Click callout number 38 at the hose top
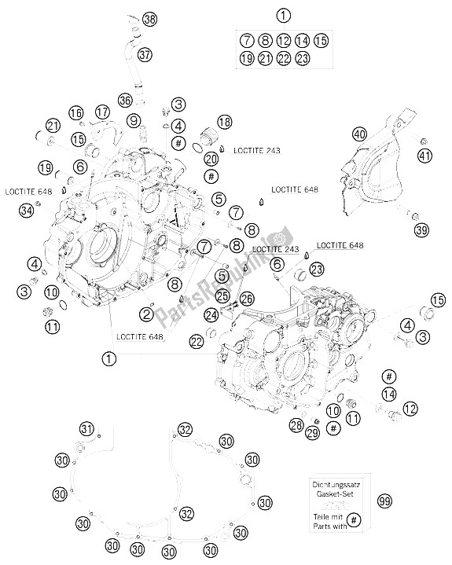pyautogui.click(x=149, y=19)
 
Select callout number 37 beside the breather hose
pyautogui.click(x=145, y=55)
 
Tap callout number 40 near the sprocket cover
pyautogui.click(x=359, y=134)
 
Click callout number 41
pyautogui.click(x=424, y=156)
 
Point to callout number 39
pyautogui.click(x=421, y=229)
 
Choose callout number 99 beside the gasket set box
pyautogui.click(x=385, y=501)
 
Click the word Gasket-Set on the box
pyautogui.click(x=336, y=493)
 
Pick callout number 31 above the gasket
pyautogui.click(x=86, y=429)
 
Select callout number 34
pyautogui.click(x=27, y=210)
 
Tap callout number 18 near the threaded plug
pyautogui.click(x=224, y=122)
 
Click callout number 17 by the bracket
pyautogui.click(x=102, y=112)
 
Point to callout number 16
pyautogui.click(x=76, y=113)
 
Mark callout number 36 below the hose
pyautogui.click(x=126, y=100)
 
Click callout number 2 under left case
pyautogui.click(x=147, y=314)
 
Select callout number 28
pyautogui.click(x=296, y=426)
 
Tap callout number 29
pyautogui.click(x=312, y=432)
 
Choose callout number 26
pyautogui.click(x=247, y=299)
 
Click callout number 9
pyautogui.click(x=134, y=120)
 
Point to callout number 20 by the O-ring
pyautogui.click(x=211, y=159)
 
